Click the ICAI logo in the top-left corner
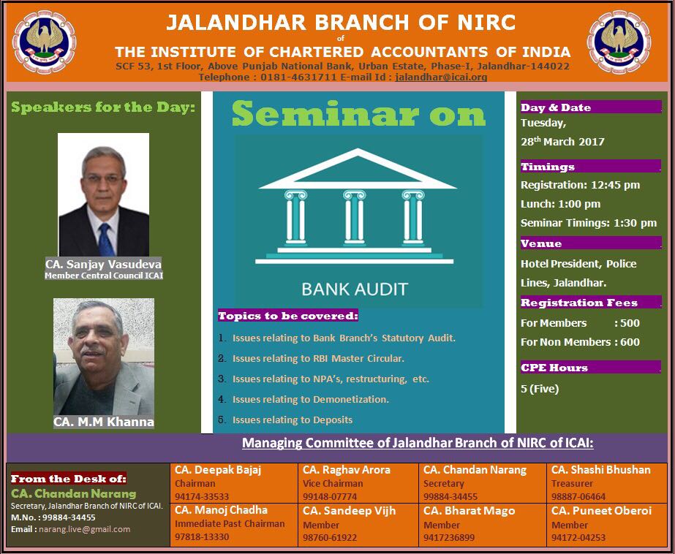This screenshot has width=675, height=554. (x=45, y=42)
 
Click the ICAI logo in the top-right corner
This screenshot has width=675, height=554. (x=619, y=42)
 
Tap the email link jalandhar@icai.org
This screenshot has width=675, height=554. (x=441, y=77)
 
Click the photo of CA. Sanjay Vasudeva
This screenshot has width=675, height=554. (x=103, y=194)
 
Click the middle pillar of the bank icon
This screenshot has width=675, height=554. (x=354, y=217)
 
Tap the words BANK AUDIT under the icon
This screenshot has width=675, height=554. (x=355, y=289)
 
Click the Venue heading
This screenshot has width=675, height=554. (x=541, y=243)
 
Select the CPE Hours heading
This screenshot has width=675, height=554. (x=554, y=368)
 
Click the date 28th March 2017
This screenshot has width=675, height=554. (x=562, y=142)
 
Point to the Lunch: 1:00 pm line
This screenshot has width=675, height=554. (x=560, y=204)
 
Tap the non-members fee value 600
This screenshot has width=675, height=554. (x=630, y=342)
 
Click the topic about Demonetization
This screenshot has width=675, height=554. (x=310, y=400)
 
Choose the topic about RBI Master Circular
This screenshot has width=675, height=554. (x=318, y=358)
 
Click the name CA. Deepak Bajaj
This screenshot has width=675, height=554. (x=218, y=470)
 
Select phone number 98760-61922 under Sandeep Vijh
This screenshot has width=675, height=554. (x=330, y=537)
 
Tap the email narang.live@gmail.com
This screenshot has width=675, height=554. (x=84, y=529)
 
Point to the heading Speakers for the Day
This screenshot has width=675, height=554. (x=103, y=107)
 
